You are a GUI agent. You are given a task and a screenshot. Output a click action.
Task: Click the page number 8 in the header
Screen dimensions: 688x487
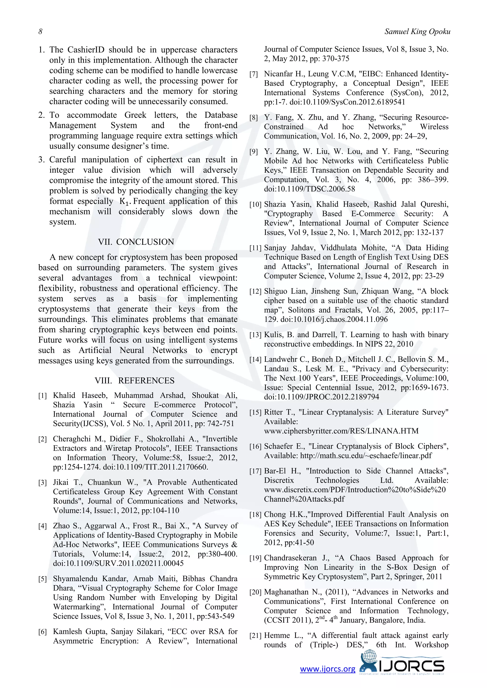(40, 31)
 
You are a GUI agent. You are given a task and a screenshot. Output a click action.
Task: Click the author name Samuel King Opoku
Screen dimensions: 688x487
(417, 31)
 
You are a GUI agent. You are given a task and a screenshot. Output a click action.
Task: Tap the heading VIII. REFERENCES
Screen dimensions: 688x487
(134, 381)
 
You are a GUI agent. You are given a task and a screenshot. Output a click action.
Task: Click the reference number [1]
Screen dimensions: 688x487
(43, 396)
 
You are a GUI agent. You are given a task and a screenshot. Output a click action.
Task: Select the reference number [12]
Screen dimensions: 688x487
(255, 291)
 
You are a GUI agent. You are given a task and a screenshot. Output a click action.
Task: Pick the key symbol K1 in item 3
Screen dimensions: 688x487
(124, 202)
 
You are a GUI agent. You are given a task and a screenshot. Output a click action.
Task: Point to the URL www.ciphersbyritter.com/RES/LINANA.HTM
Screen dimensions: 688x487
(341, 431)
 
